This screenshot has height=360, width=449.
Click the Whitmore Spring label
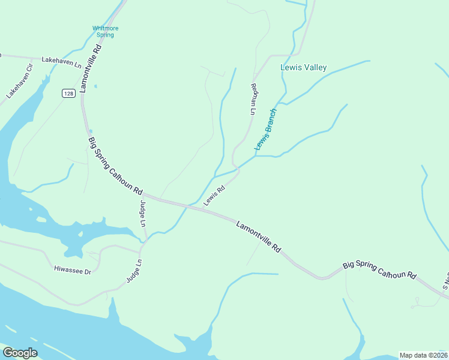[103, 31]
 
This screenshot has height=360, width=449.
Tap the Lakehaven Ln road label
[61, 61]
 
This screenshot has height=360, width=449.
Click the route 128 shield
[68, 93]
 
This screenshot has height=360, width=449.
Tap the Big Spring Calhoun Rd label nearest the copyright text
[379, 269]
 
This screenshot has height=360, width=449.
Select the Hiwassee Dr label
[72, 271]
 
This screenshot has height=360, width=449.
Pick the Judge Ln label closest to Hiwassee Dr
[134, 271]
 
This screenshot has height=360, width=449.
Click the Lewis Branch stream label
[265, 129]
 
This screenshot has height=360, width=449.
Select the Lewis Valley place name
[304, 68]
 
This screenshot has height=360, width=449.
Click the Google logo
[20, 352]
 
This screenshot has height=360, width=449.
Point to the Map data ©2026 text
[423, 355]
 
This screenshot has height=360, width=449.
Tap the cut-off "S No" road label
[445, 280]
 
